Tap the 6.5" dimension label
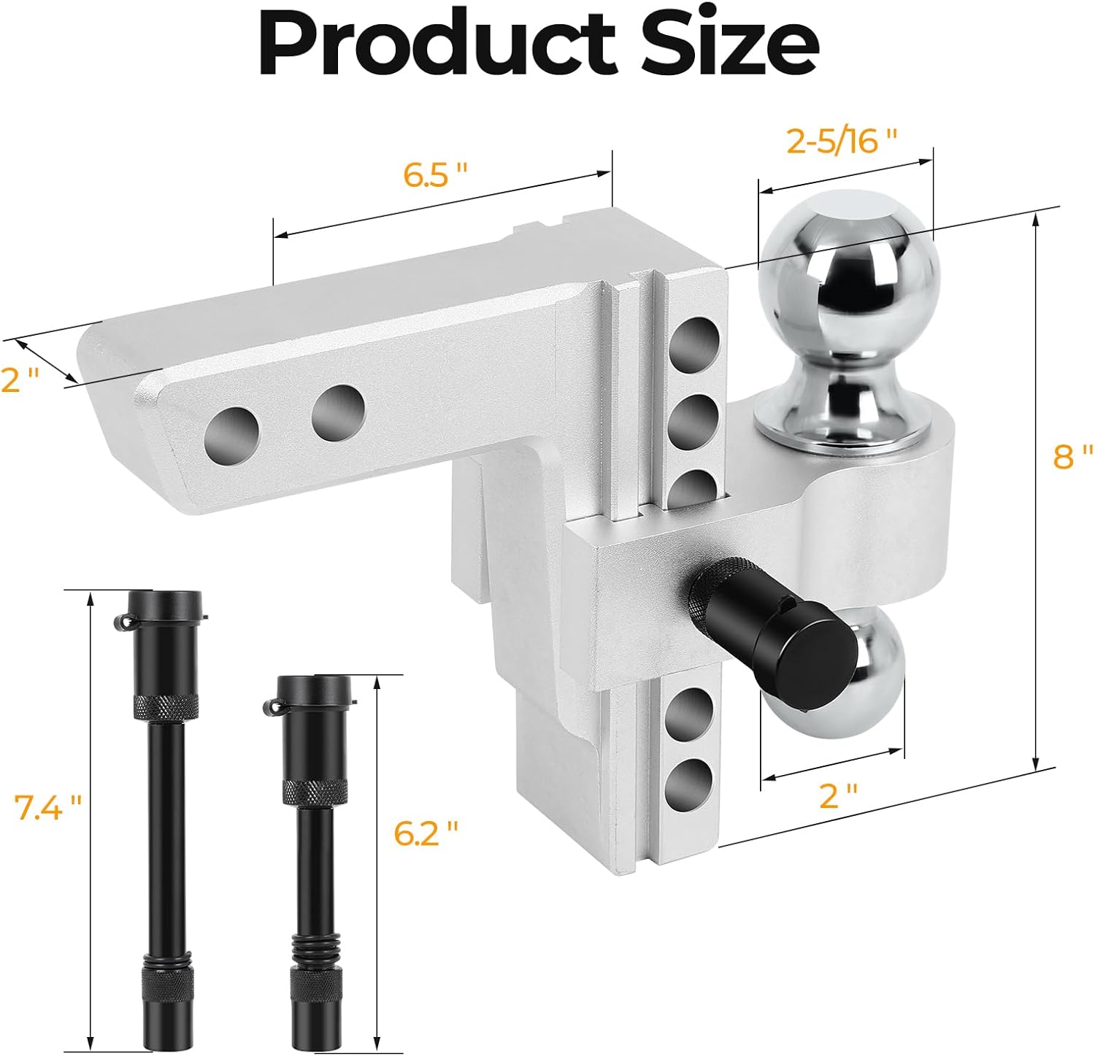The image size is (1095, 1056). click(x=436, y=175)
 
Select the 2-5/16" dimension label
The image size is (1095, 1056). click(x=840, y=140)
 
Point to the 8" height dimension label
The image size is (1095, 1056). click(x=1072, y=457)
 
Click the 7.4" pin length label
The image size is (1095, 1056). click(x=47, y=809)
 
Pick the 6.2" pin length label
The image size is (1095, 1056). click(x=426, y=833)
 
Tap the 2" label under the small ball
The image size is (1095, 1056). click(x=838, y=795)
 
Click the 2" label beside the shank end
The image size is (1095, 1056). click(x=20, y=380)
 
